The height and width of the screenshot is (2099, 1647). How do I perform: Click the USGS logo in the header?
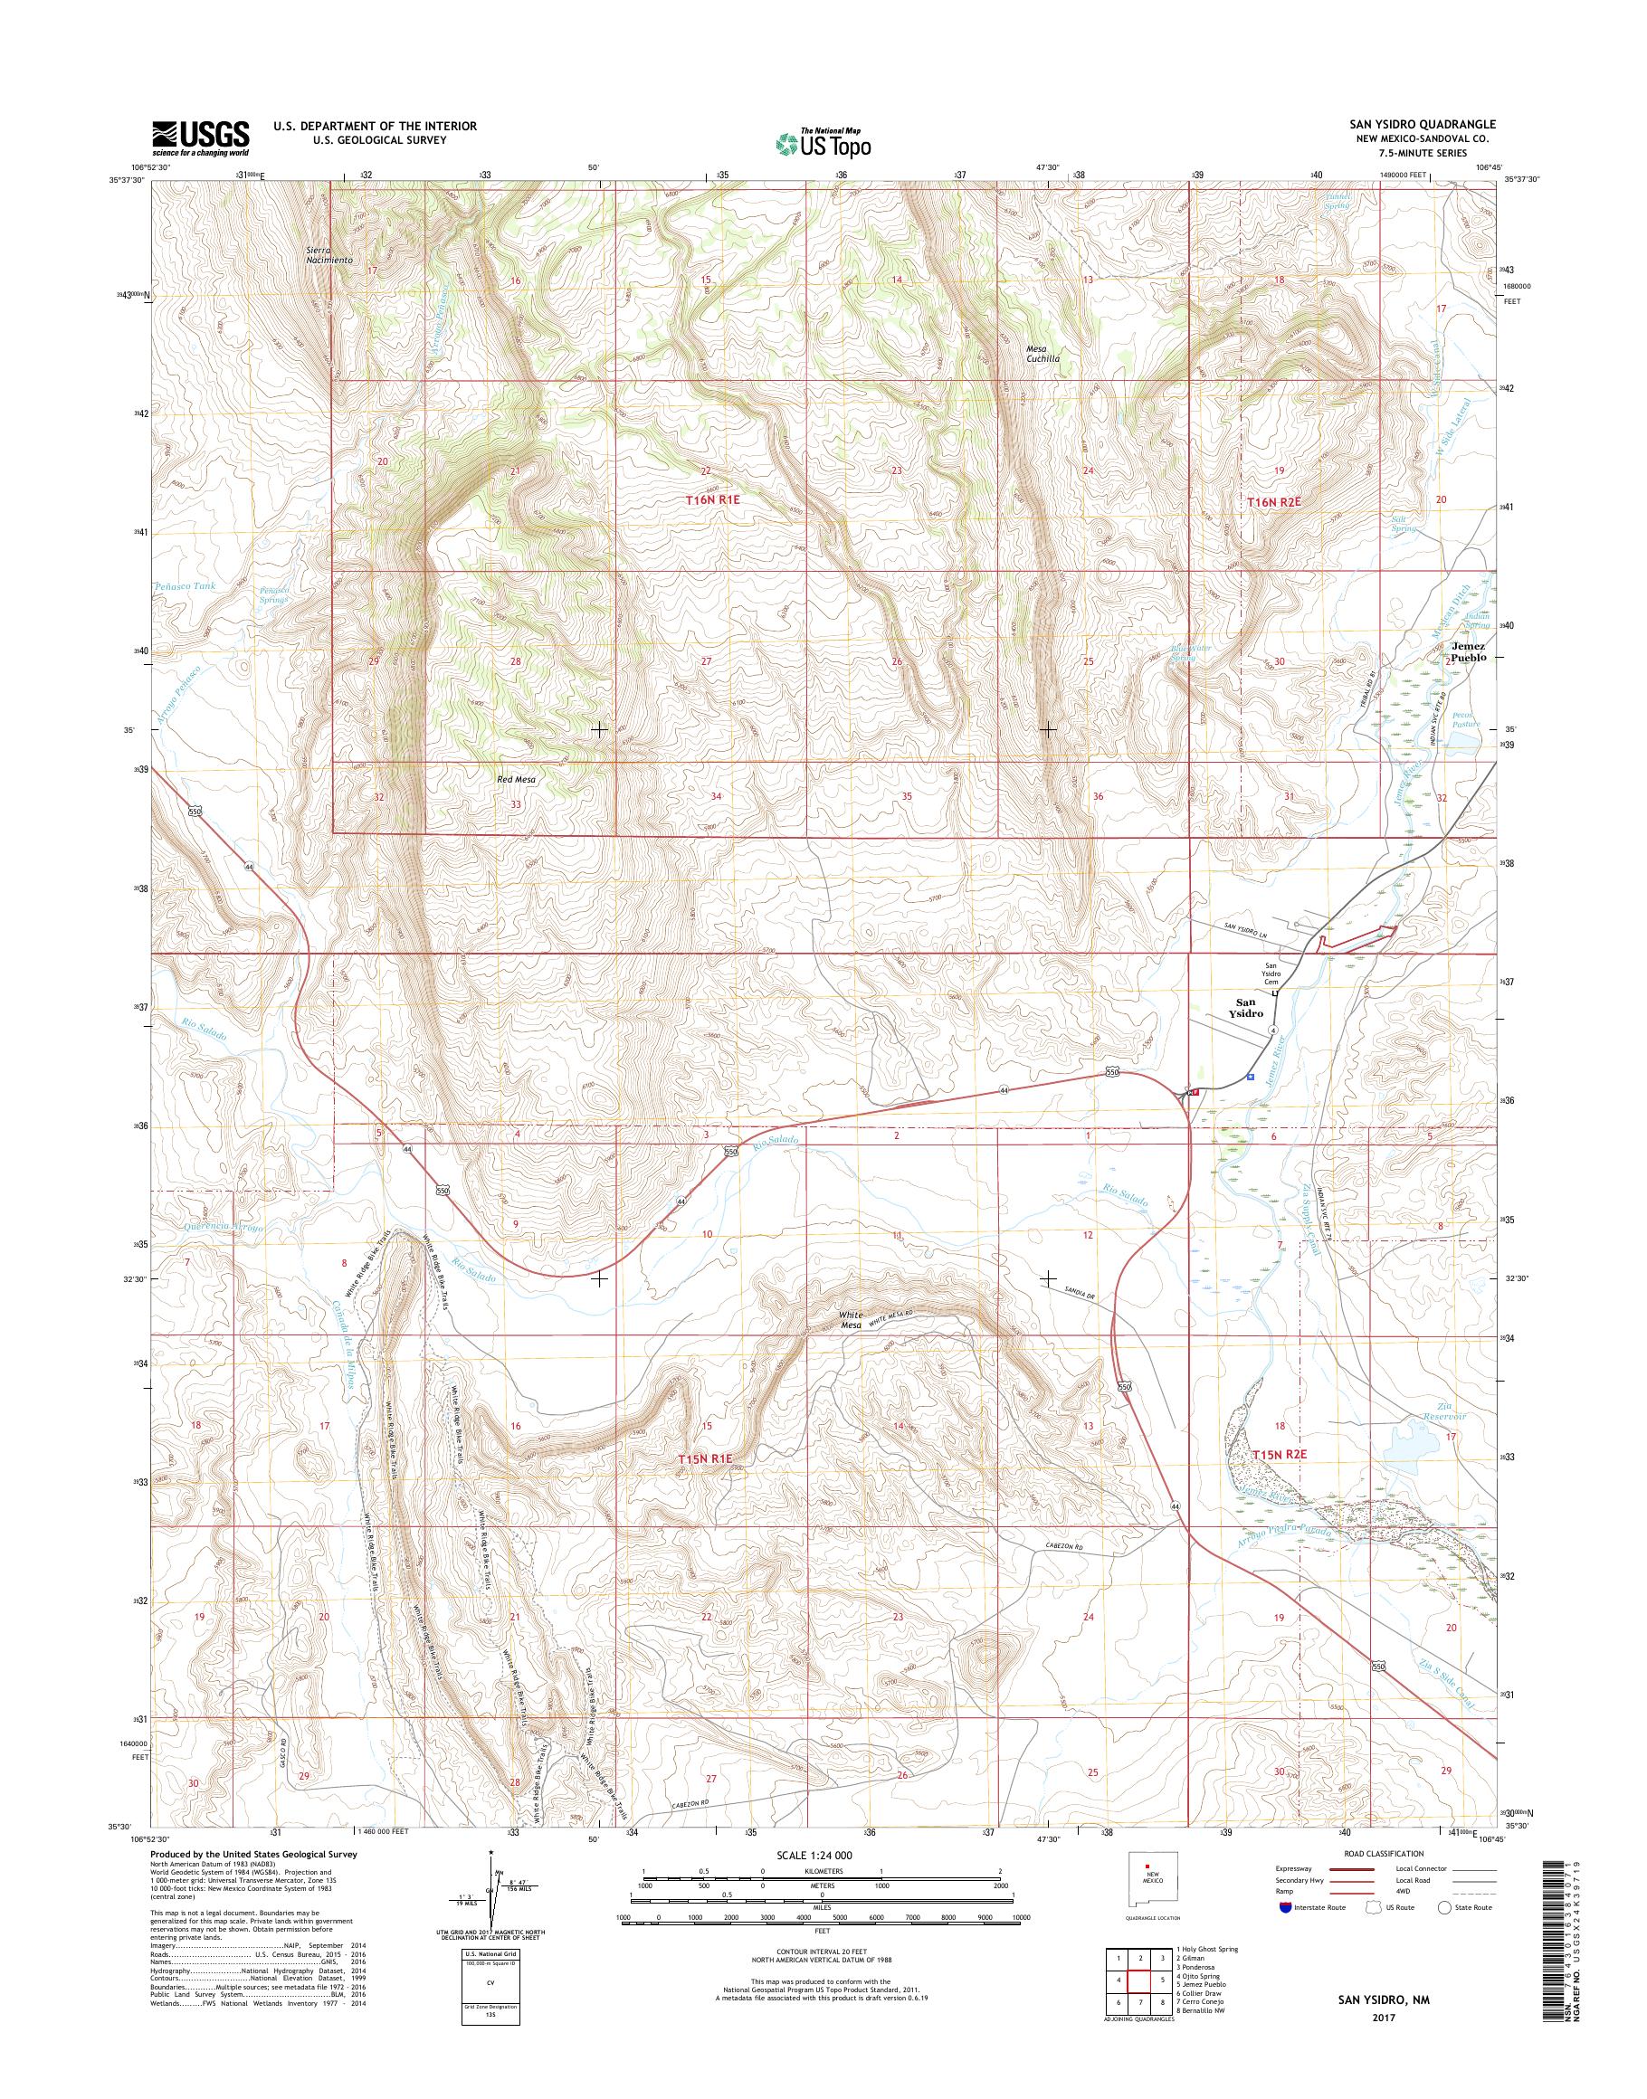click(x=200, y=138)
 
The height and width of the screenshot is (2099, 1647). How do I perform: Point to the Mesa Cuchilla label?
click(x=1042, y=353)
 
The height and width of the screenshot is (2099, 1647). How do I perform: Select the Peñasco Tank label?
click(x=186, y=585)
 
